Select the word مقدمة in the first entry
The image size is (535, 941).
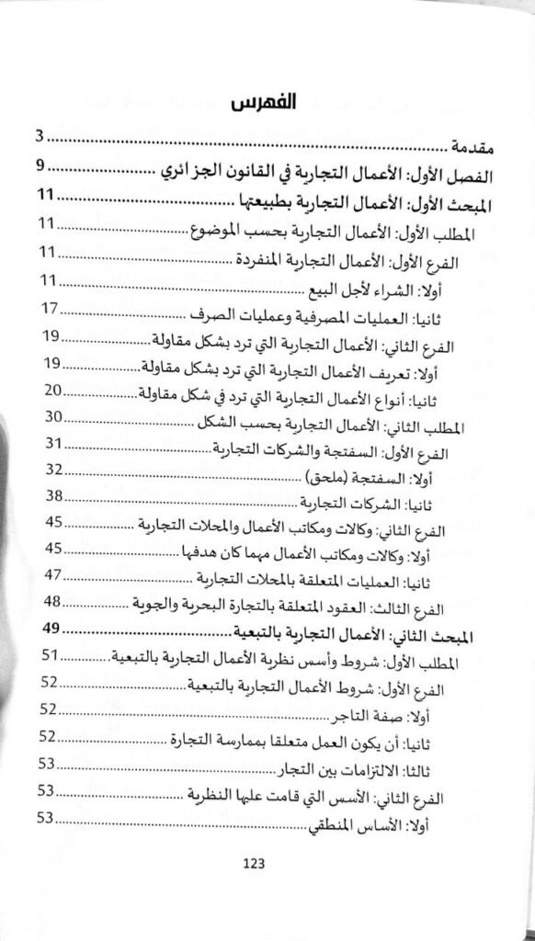(x=476, y=146)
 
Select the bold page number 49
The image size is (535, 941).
(x=52, y=629)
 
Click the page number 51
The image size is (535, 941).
(x=52, y=654)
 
